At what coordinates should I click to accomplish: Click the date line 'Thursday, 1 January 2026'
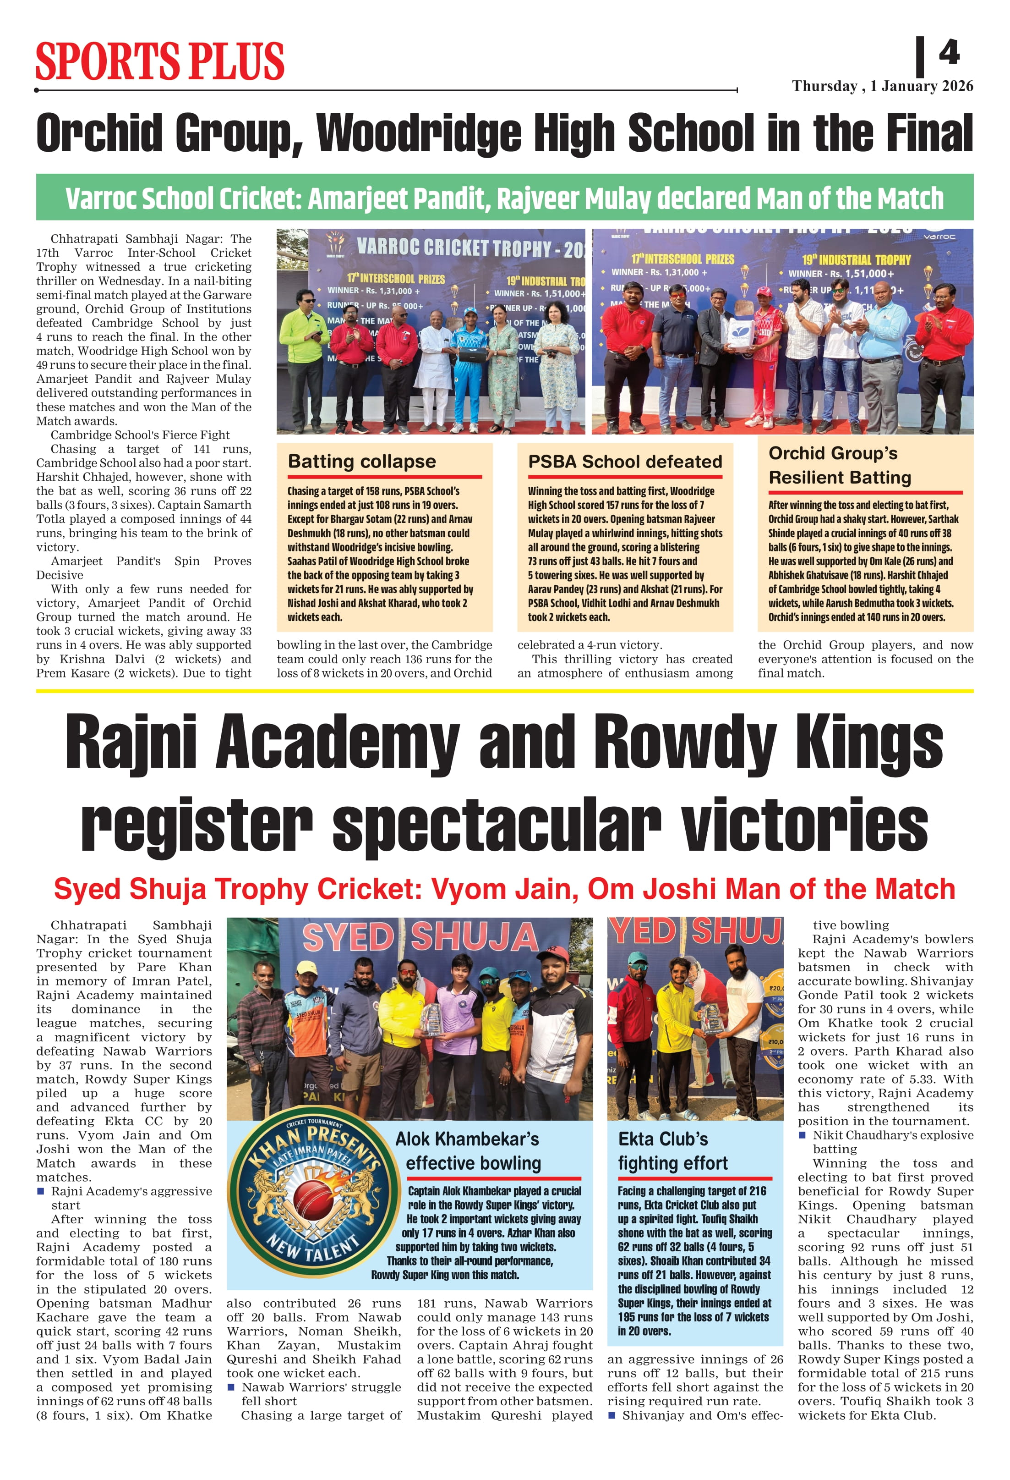pos(882,86)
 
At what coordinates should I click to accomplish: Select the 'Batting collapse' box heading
pos(361,461)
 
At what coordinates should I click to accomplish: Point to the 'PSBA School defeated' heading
pos(625,462)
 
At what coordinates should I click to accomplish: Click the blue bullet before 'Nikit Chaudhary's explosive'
pos(803,1135)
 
